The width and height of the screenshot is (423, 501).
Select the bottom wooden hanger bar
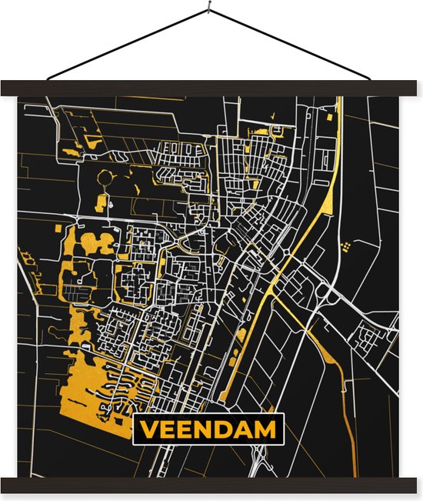(211, 484)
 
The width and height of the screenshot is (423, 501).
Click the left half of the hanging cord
(127, 44)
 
